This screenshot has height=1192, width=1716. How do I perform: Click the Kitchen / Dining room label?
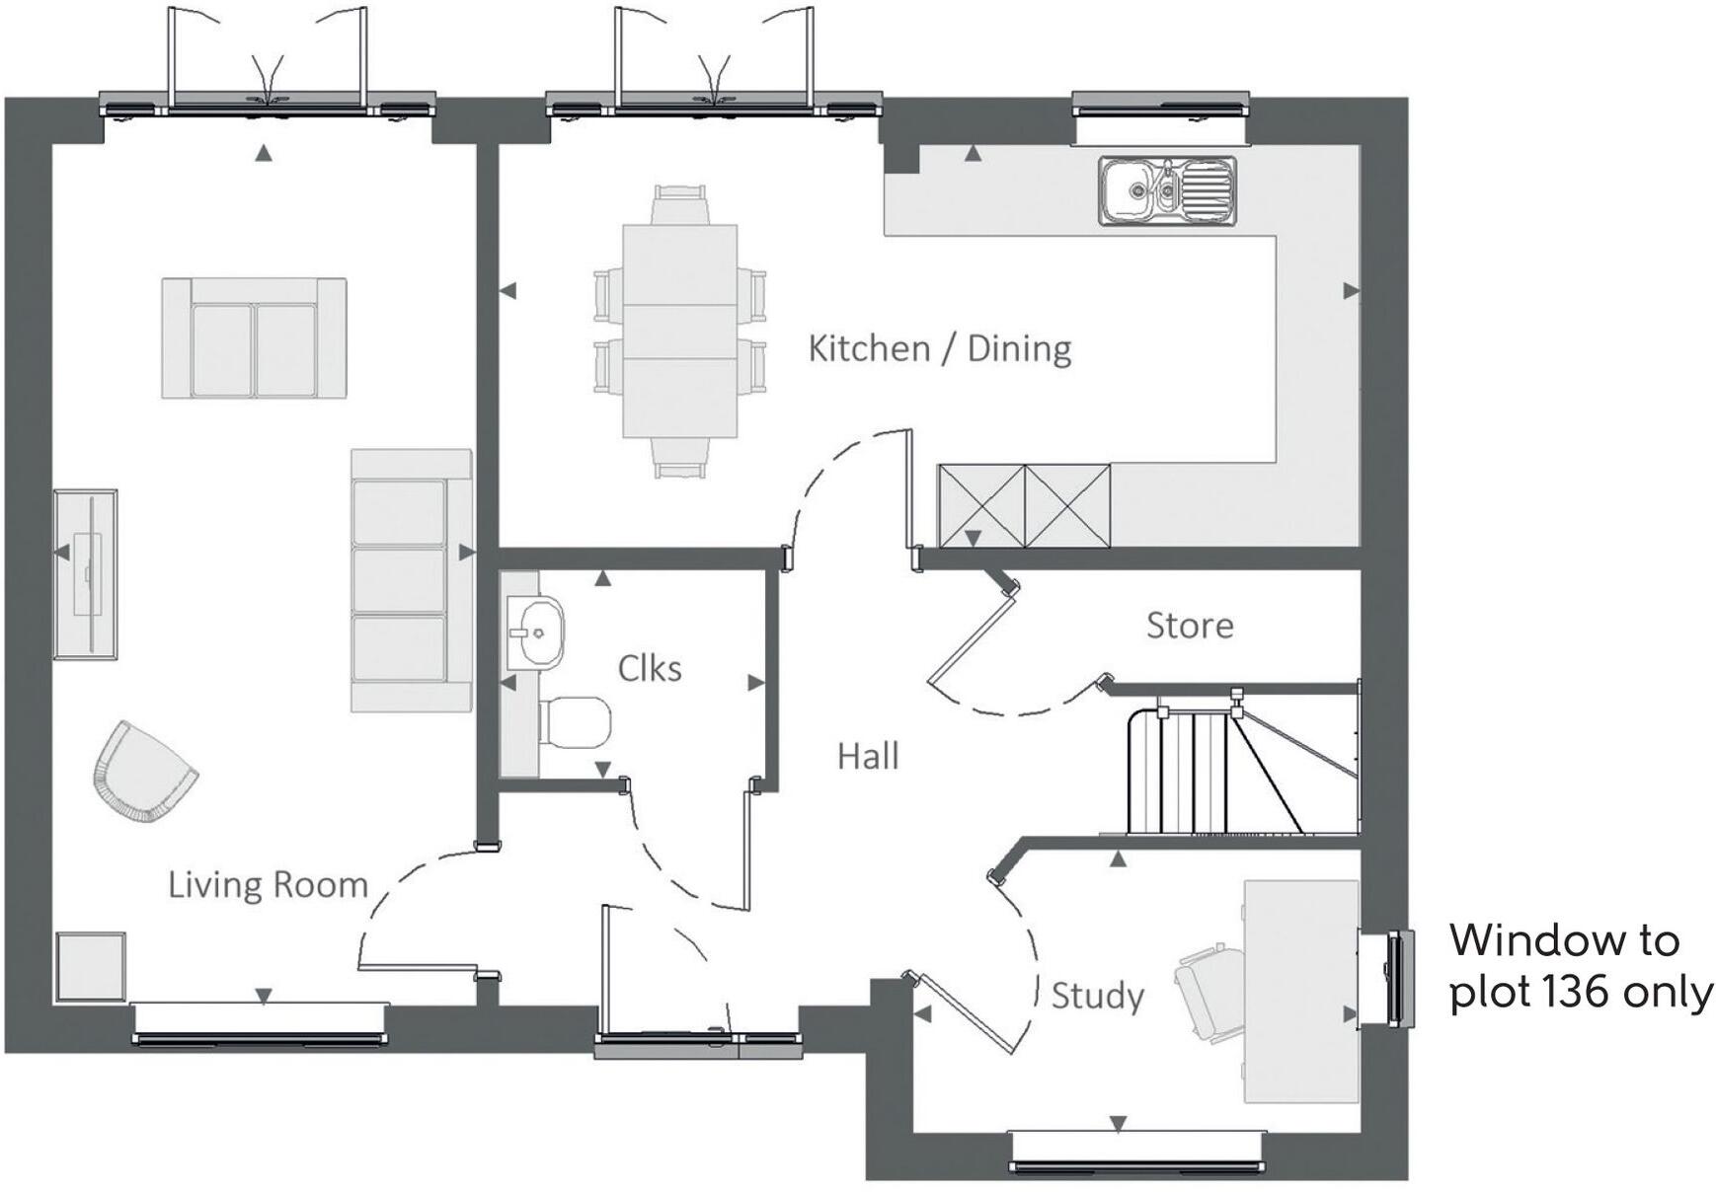(x=939, y=349)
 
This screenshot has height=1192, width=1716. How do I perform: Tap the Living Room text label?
(x=268, y=885)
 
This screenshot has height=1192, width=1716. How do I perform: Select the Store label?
(x=1189, y=626)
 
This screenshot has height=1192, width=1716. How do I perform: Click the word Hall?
(x=868, y=757)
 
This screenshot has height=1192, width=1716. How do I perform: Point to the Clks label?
(x=649, y=669)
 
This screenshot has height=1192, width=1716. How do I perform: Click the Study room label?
(x=1097, y=996)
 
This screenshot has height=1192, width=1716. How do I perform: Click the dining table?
(x=680, y=332)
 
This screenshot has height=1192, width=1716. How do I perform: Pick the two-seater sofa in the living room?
(x=254, y=338)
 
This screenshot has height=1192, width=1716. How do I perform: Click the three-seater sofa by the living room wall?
(x=410, y=580)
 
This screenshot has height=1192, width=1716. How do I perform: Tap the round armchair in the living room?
(x=143, y=773)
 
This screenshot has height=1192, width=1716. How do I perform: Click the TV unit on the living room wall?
(x=86, y=574)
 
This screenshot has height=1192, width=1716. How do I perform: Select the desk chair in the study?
(x=1211, y=982)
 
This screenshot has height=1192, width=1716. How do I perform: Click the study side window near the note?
(x=1396, y=978)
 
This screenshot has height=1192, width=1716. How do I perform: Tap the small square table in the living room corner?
(x=91, y=966)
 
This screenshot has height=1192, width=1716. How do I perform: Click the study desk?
(x=1299, y=991)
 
